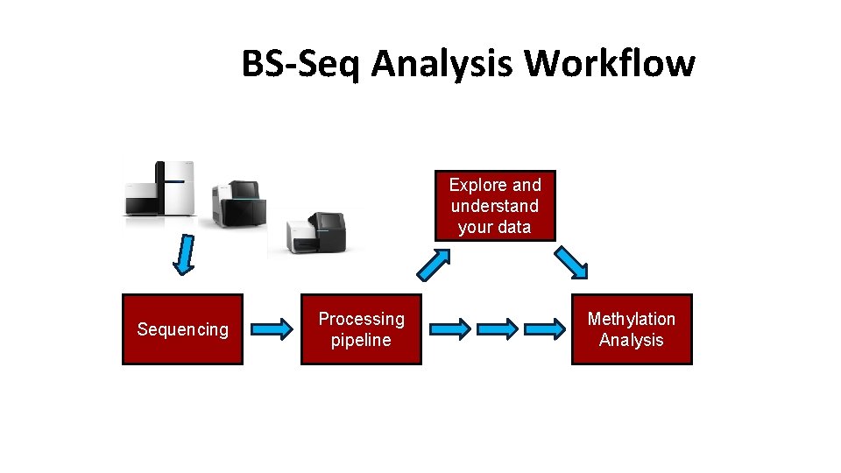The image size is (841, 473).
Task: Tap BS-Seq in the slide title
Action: tap(300, 64)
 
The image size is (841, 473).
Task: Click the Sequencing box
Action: tap(182, 329)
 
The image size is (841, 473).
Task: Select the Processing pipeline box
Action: tap(361, 329)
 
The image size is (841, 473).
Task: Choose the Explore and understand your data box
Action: tap(495, 206)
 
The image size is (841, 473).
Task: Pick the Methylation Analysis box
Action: tap(631, 329)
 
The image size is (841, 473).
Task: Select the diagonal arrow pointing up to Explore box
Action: tap(435, 263)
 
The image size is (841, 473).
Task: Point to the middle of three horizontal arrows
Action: tap(498, 329)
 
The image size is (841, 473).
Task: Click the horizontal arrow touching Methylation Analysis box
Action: tap(546, 329)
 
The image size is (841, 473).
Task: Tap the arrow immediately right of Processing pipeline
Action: tap(449, 329)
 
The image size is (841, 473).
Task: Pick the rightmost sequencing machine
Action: tap(315, 232)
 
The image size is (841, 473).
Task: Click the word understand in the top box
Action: tap(495, 206)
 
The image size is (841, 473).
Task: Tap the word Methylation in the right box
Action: tap(631, 319)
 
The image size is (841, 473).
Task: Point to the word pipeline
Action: tap(361, 340)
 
